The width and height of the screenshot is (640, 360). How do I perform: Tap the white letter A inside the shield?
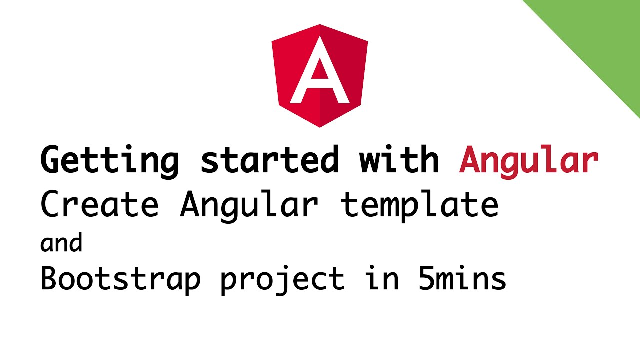click(320, 75)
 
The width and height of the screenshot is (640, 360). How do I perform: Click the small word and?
click(61, 243)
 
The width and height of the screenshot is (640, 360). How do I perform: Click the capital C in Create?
click(50, 205)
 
